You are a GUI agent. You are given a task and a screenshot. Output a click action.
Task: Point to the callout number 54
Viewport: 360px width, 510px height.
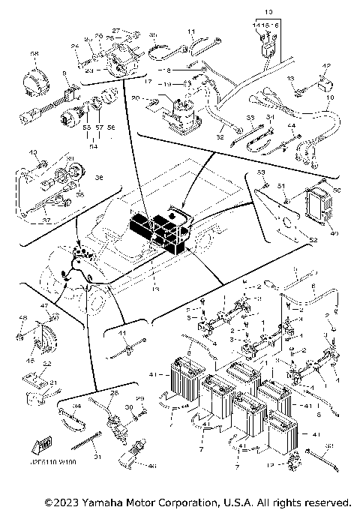tap(93, 147)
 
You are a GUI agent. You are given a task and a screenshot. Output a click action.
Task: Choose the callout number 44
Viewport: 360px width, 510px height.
tap(76, 407)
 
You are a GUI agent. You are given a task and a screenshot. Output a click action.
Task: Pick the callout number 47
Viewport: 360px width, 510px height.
tap(44, 306)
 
